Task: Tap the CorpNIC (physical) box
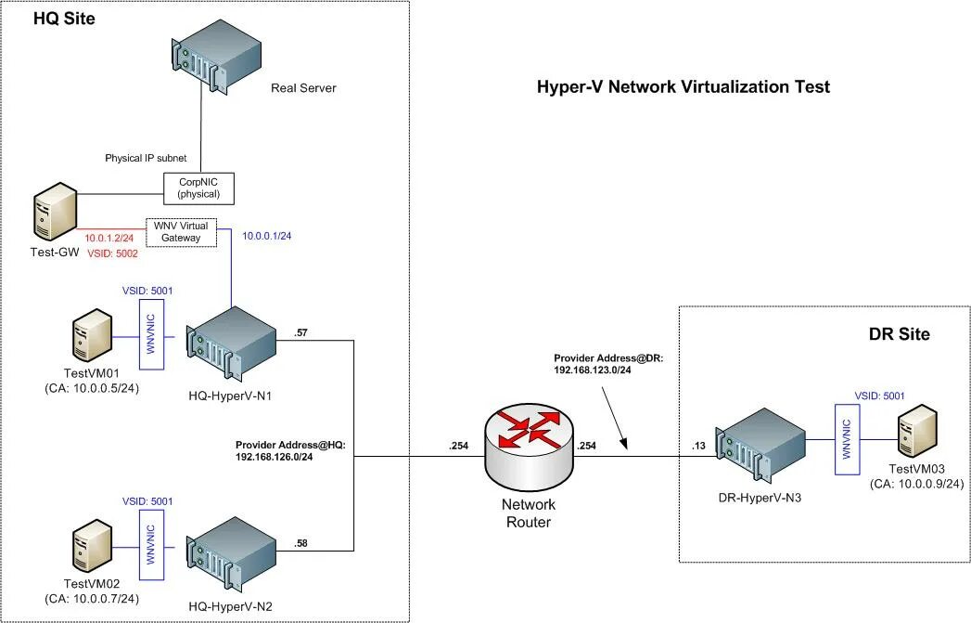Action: pyautogui.click(x=198, y=188)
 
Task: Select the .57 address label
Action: pyautogui.click(x=300, y=331)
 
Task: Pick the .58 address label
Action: pyautogui.click(x=301, y=542)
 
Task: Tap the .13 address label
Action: pyautogui.click(x=698, y=447)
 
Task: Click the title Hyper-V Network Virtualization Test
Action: pyautogui.click(x=684, y=87)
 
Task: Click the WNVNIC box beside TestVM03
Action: pyautogui.click(x=846, y=436)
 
